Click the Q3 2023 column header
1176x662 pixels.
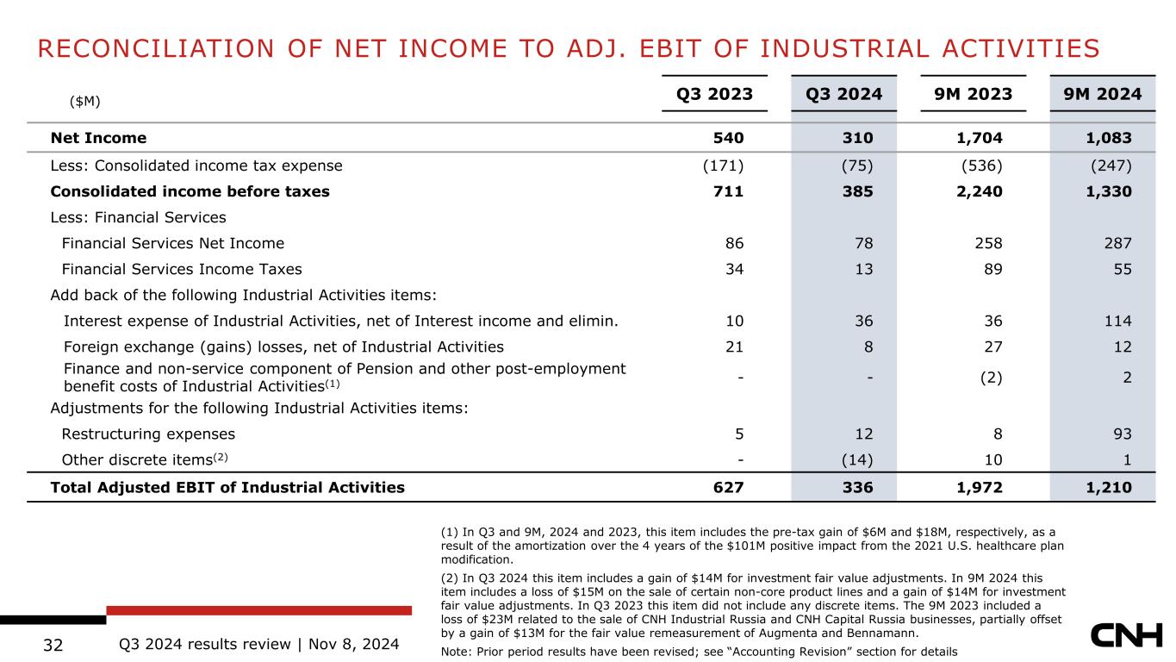714,94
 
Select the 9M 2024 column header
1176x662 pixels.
1103,94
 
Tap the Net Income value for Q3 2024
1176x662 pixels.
858,138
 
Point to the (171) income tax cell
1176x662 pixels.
724,166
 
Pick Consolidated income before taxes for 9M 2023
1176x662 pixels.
979,191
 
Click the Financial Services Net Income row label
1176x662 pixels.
172,243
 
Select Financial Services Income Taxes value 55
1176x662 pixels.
1123,269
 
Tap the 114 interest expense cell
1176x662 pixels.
1117,321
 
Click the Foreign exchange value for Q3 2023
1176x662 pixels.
735,347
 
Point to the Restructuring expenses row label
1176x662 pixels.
148,434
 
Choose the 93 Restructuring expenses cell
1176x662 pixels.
1123,434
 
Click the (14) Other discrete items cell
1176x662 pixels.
857,460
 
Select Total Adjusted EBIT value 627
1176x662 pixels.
728,488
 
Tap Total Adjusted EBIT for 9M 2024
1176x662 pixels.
1109,488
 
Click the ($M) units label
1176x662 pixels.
84,101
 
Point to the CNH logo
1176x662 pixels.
1127,635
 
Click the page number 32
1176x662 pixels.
53,645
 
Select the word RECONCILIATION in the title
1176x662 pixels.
156,49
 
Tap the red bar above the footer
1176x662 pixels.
258,610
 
